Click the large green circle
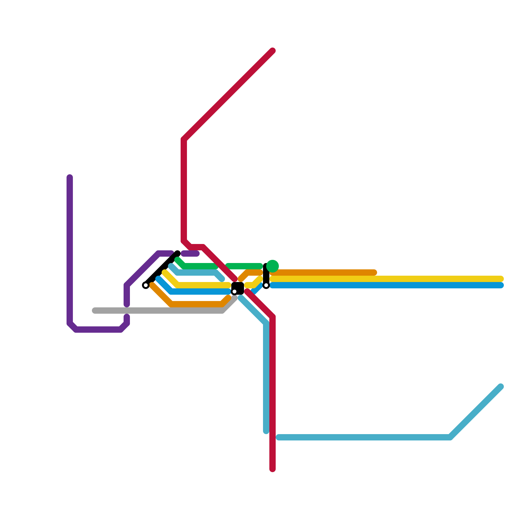[x=273, y=266]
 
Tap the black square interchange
[x=238, y=288]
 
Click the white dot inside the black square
[x=234, y=292]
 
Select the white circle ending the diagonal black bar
[x=146, y=285]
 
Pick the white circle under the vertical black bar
[x=266, y=286]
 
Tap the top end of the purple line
[x=70, y=177]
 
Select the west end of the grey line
[x=94, y=311]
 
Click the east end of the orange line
[x=375, y=273]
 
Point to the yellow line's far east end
[x=501, y=279]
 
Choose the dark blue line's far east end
[x=501, y=285]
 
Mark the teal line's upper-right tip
[x=501, y=387]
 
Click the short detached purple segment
[x=190, y=253]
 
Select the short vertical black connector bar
[x=266, y=274]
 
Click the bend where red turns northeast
[x=184, y=139]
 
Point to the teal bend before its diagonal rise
[x=450, y=438]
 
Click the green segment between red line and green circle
[x=244, y=266]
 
